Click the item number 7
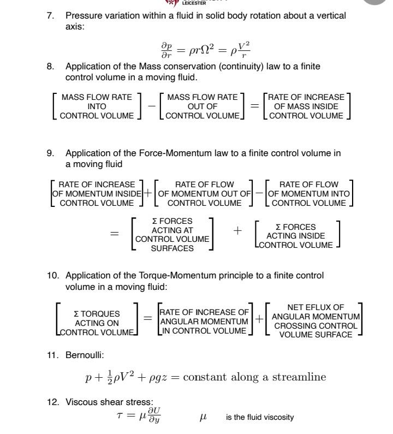(x=50, y=16)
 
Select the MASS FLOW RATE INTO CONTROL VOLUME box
(x=97, y=106)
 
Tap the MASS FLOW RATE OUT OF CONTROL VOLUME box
(x=202, y=106)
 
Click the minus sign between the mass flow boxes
(x=150, y=106)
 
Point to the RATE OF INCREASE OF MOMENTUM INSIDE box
(x=96, y=194)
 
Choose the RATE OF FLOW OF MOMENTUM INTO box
(x=308, y=194)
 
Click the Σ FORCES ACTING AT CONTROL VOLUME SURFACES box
(x=172, y=235)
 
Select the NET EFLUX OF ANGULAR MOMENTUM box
(x=315, y=321)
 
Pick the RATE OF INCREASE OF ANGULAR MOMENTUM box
(x=204, y=322)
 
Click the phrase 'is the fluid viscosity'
(x=260, y=418)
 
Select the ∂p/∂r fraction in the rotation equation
(x=166, y=50)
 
